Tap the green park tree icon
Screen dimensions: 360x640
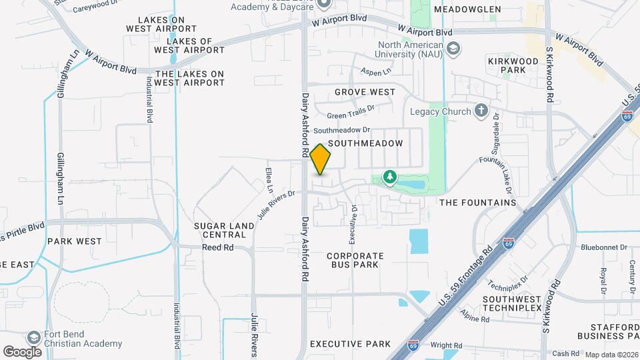(x=389, y=177)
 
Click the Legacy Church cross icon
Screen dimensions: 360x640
(x=481, y=111)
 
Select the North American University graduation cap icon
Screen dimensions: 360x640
(x=453, y=49)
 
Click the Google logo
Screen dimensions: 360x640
(x=23, y=351)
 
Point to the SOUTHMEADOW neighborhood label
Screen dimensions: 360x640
(x=366, y=143)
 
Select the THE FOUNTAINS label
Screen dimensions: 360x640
(x=478, y=202)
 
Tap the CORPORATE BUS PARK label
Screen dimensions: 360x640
(x=355, y=260)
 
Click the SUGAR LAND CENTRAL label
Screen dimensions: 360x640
(x=224, y=230)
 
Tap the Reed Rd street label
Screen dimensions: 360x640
(x=219, y=247)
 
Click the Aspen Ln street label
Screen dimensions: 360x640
(x=375, y=71)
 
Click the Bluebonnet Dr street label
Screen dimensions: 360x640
(x=605, y=247)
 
